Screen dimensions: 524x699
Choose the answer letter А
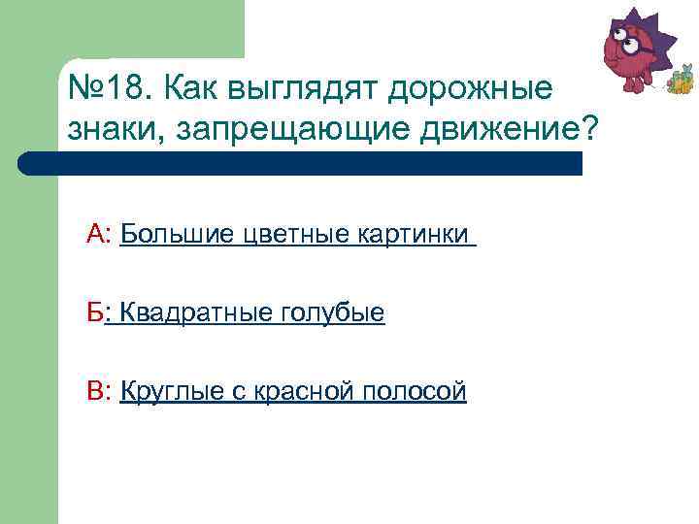point(95,234)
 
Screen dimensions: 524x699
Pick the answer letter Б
point(94,312)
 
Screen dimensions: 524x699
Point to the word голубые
point(332,313)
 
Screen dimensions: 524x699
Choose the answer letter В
point(95,391)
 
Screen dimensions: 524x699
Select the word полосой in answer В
point(415,392)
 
